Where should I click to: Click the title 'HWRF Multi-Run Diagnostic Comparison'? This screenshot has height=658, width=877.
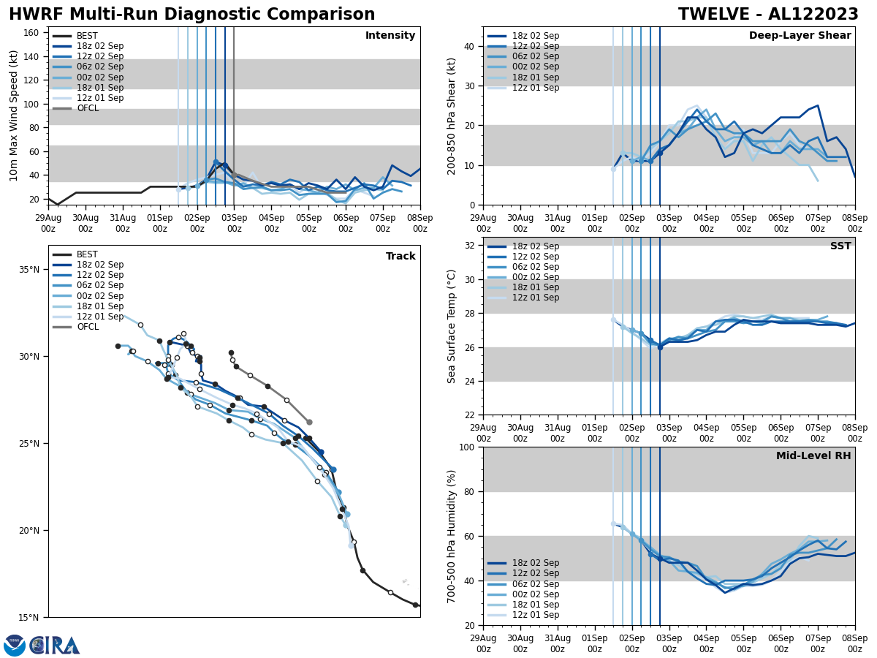click(x=191, y=15)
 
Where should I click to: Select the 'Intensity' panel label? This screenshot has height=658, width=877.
click(x=390, y=36)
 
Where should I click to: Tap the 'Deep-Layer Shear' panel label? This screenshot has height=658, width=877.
click(x=800, y=36)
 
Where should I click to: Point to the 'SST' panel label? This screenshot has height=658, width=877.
click(x=840, y=246)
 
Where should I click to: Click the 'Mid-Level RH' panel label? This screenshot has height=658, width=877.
click(x=813, y=456)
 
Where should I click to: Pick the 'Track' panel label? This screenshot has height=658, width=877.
click(x=400, y=257)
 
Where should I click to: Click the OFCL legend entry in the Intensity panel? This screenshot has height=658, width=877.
click(x=87, y=108)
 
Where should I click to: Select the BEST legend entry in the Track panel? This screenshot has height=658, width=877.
click(x=87, y=254)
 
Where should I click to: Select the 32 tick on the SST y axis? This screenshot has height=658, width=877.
click(x=471, y=246)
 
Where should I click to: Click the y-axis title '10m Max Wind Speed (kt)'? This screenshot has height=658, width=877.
click(x=14, y=116)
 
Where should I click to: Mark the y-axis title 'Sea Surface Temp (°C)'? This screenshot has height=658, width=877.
click(x=452, y=326)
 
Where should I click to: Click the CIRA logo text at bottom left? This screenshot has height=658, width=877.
click(x=55, y=646)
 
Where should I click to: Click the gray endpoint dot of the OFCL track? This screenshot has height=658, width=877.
click(x=309, y=422)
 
